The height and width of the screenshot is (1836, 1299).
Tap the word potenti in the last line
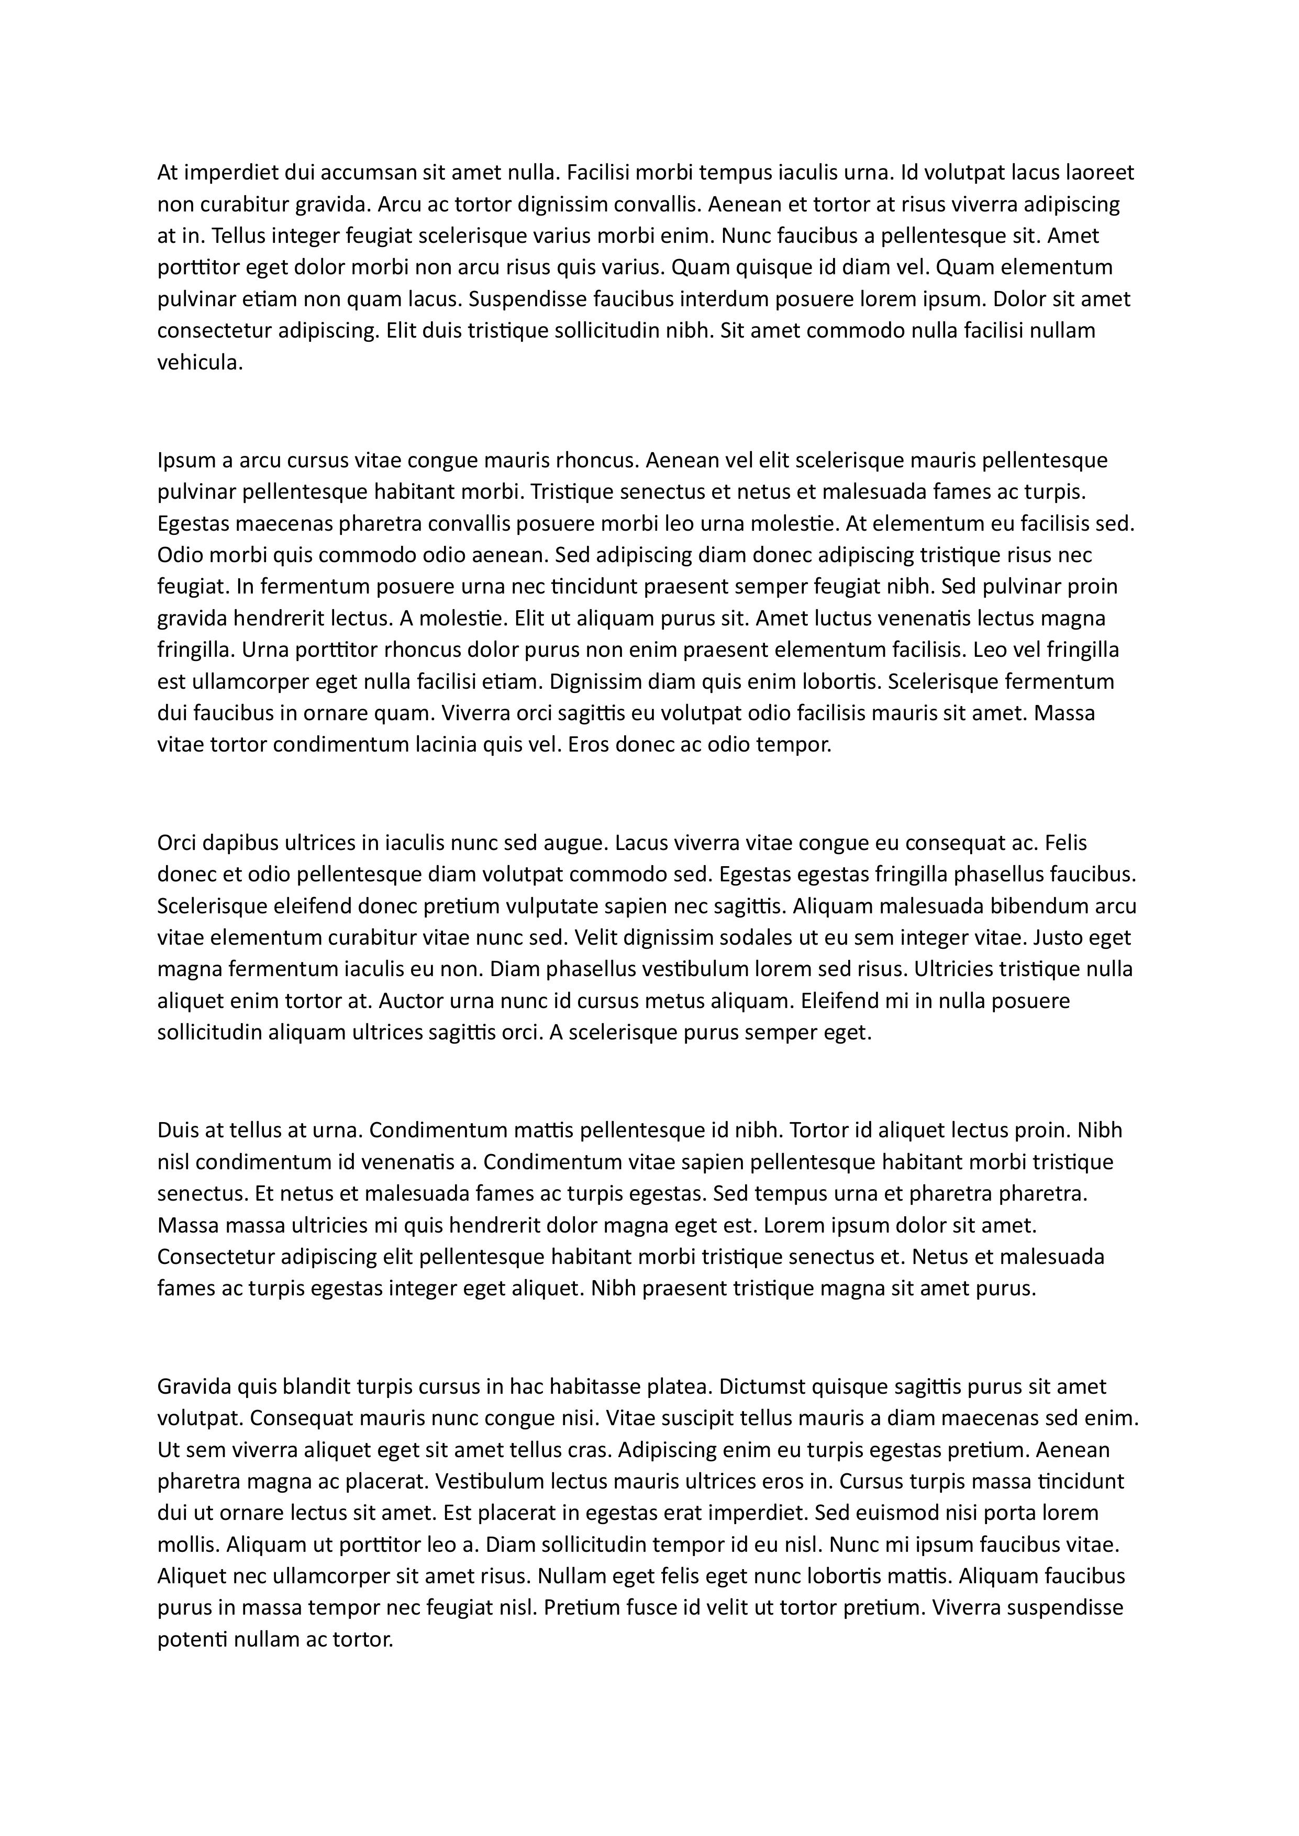coord(192,1640)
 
